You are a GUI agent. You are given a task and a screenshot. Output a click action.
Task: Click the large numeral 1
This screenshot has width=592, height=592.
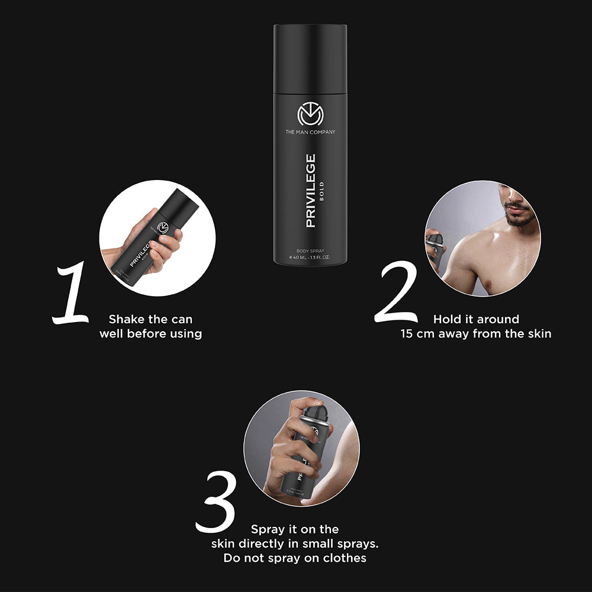72,295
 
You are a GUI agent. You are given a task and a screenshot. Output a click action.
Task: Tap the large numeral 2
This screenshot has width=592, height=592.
397,294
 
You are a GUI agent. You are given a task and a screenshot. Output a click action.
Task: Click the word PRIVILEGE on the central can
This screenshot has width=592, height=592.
310,191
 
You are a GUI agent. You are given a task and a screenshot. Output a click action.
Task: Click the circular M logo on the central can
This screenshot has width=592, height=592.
310,114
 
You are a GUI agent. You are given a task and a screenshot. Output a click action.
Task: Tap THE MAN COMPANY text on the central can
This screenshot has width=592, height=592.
310,131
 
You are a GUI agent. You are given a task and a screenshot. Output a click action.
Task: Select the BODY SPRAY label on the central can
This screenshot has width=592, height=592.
310,250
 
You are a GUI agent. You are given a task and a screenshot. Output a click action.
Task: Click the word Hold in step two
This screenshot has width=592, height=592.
448,320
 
